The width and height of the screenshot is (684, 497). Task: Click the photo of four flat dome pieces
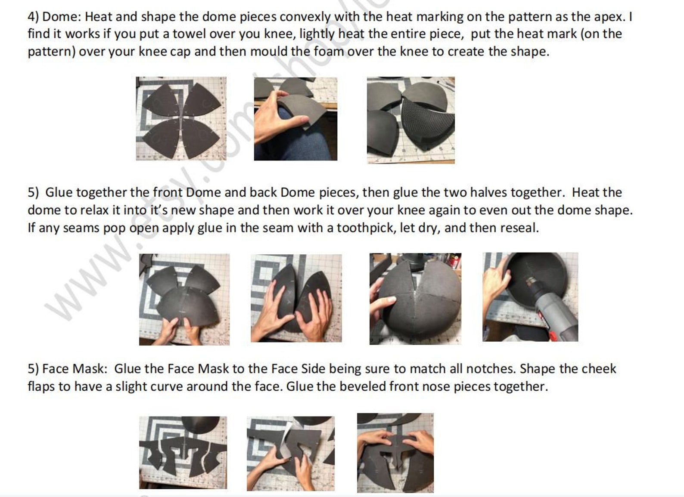point(181,118)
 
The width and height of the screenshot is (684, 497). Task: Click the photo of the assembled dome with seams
point(415,299)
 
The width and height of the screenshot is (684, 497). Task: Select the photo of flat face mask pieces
point(183,453)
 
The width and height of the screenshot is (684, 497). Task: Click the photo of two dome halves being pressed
point(296,298)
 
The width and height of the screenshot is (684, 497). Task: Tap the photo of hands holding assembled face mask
point(395,453)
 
